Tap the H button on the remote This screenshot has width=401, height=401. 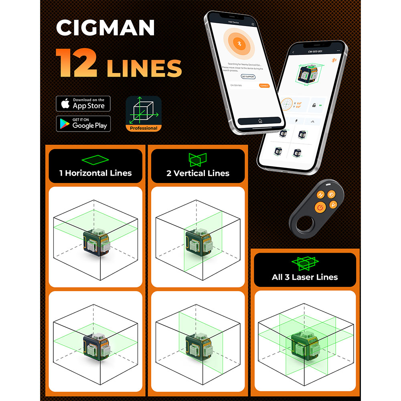320,195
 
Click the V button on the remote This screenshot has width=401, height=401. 332,205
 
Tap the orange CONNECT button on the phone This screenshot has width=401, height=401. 264,85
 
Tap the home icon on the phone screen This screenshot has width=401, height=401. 260,120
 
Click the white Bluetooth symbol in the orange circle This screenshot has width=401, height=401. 238,45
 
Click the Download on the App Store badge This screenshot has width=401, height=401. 83,104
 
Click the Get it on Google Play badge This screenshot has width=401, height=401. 83,124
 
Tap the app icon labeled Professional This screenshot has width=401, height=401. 144,114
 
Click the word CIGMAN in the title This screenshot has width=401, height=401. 105,28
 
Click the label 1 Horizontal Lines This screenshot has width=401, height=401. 95,173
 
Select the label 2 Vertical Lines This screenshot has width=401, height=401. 198,173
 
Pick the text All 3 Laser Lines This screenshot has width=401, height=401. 305,277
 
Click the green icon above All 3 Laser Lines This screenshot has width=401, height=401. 305,263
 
